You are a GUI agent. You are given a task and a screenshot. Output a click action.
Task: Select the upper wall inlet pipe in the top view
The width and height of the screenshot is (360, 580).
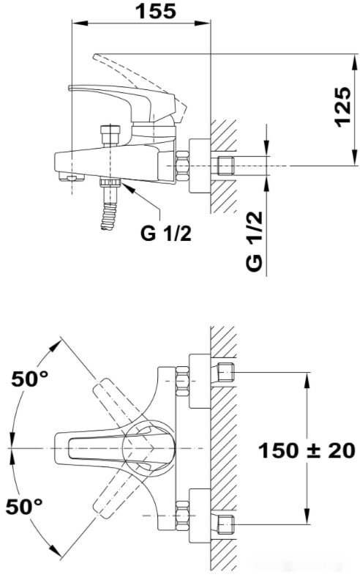225,373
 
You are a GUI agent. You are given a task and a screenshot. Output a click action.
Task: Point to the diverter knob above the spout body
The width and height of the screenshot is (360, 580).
109,136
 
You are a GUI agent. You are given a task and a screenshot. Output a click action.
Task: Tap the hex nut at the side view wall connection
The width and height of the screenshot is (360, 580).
183,166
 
